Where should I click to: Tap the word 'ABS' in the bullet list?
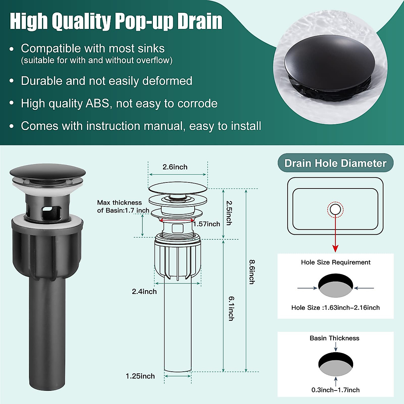point(98,103)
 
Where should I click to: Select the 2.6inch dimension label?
point(175,167)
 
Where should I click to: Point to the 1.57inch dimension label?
point(206,224)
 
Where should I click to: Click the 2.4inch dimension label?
point(144,292)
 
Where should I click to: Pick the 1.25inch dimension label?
point(140,376)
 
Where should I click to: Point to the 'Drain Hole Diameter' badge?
point(335,163)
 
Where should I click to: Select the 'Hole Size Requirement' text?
point(336,262)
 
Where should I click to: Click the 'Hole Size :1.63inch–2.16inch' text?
point(335,307)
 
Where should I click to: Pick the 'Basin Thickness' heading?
point(334,338)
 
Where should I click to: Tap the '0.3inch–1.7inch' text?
point(335,390)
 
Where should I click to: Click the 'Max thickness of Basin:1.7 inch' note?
point(123,206)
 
